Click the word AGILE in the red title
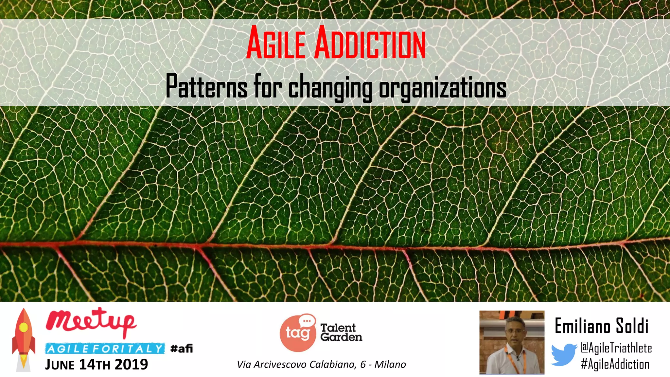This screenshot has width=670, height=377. point(276,43)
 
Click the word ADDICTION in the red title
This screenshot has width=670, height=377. point(370,43)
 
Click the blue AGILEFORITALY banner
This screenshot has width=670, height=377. point(105,349)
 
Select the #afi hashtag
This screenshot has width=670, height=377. point(182,348)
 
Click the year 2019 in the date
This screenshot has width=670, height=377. point(131,365)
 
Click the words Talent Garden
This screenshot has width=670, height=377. point(341,332)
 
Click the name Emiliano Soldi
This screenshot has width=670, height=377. point(601,326)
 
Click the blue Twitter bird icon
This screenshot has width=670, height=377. point(563,354)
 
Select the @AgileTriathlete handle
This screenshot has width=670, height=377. point(616,348)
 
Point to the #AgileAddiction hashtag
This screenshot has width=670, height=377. point(615,364)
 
